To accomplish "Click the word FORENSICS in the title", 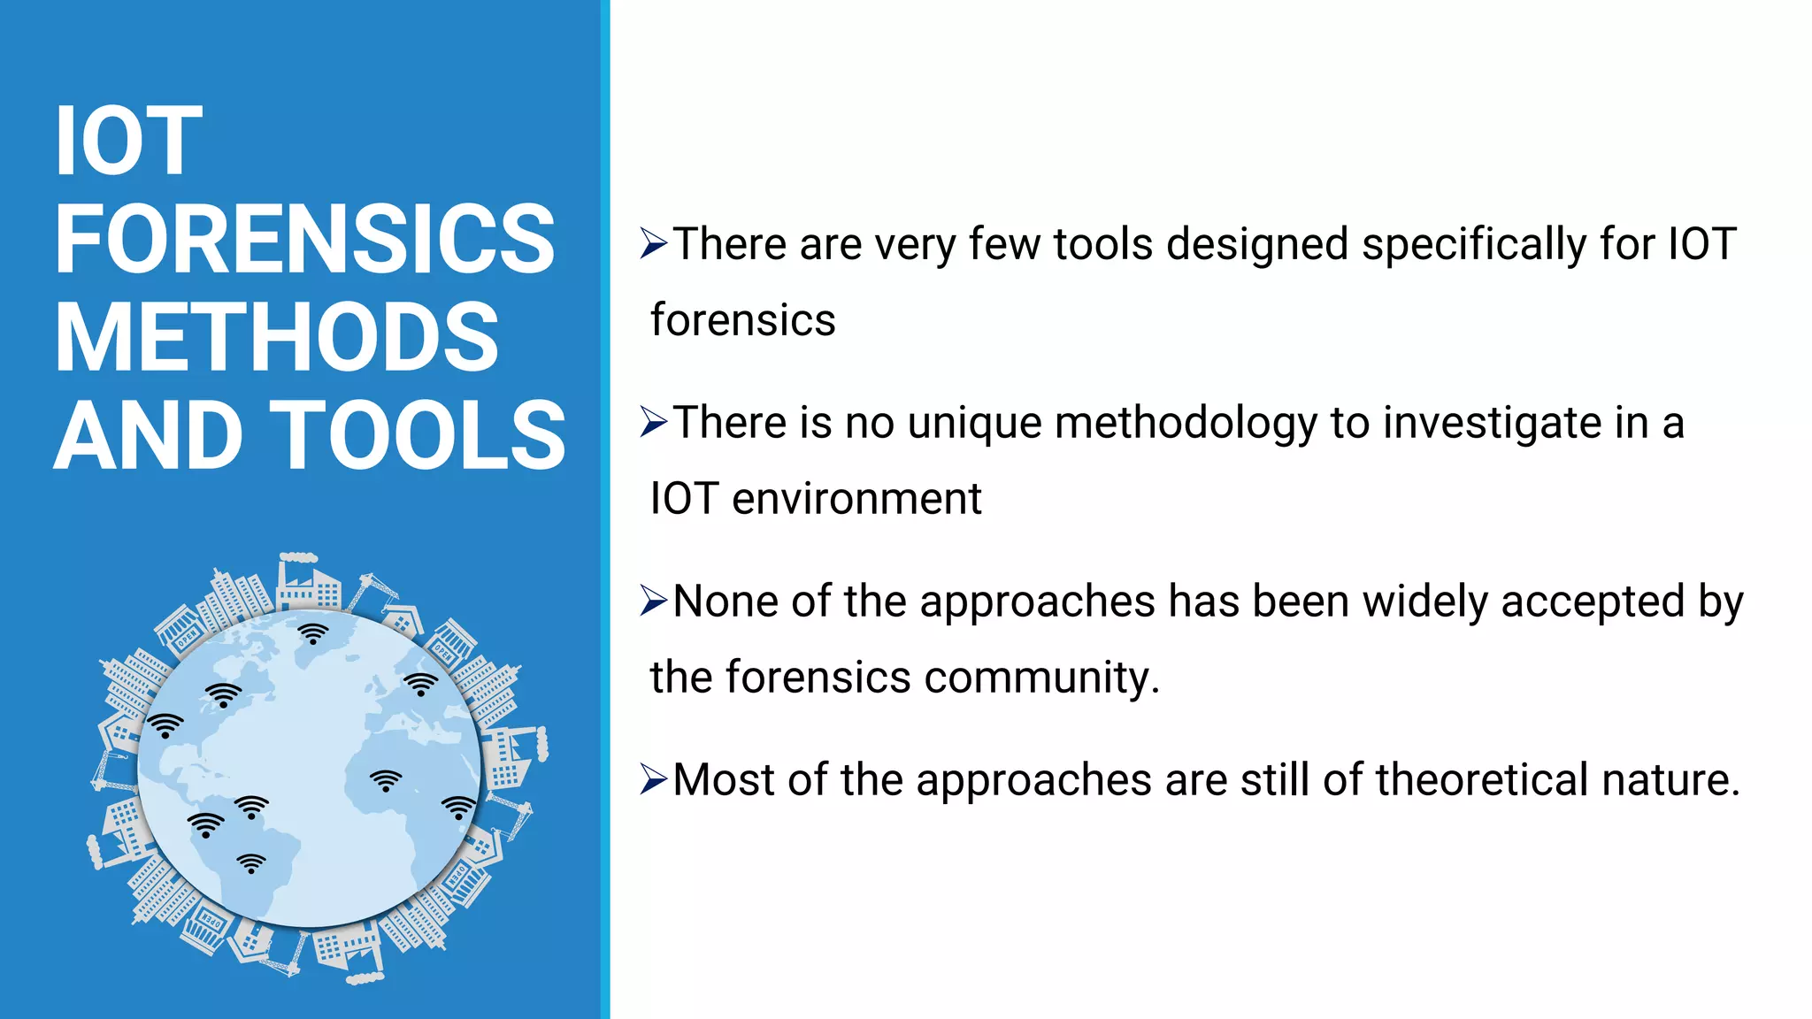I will point(304,239).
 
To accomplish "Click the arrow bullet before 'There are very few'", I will point(653,243).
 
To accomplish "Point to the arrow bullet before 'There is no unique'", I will point(653,422).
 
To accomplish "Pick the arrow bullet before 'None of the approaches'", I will point(653,601).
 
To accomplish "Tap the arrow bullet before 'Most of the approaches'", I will point(653,779).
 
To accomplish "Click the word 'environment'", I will point(856,499).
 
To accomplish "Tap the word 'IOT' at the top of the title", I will point(128,141).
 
